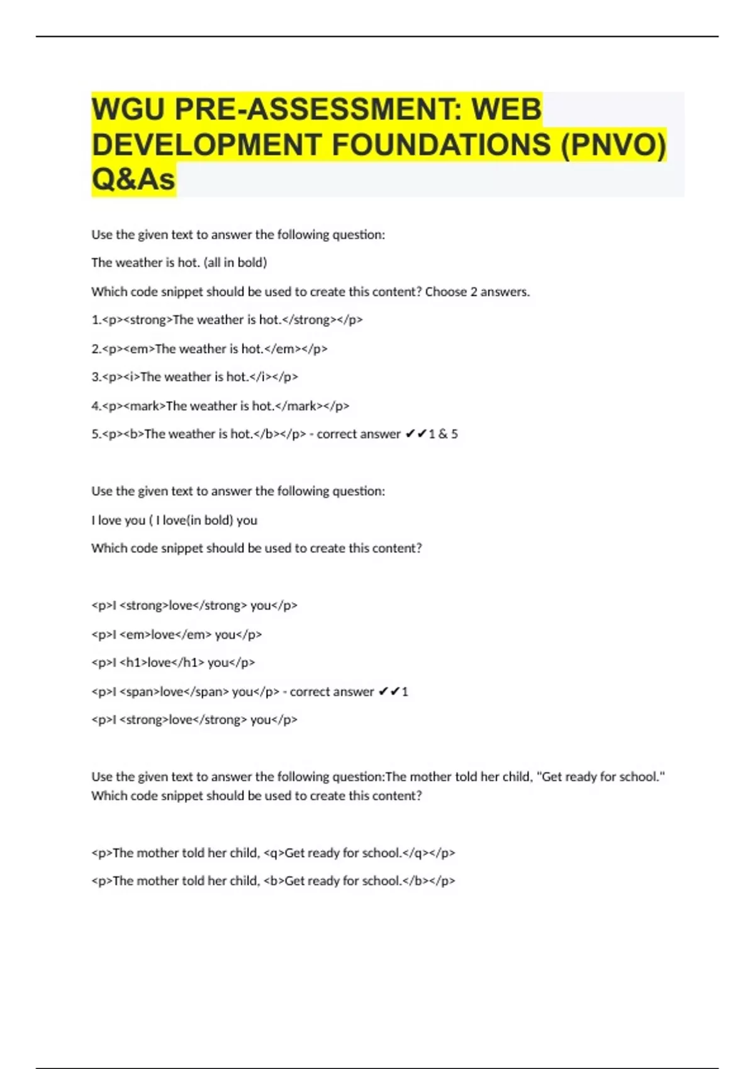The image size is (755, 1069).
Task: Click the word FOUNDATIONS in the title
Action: (x=440, y=145)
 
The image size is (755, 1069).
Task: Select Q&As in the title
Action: (x=133, y=180)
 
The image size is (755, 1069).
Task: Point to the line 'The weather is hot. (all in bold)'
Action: (x=179, y=263)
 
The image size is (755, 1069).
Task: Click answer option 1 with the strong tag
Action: (x=226, y=320)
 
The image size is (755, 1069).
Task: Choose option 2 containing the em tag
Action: (x=209, y=348)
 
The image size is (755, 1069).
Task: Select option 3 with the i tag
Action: (x=194, y=377)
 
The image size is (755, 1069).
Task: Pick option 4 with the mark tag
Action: (x=220, y=406)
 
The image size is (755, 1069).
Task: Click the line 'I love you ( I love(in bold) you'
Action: (x=174, y=520)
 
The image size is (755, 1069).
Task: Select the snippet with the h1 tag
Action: (x=173, y=663)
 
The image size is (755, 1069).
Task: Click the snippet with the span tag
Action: (x=185, y=692)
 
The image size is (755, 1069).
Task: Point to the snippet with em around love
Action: (x=176, y=634)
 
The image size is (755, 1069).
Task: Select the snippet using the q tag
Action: (x=273, y=853)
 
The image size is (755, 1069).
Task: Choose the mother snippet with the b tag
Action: (x=273, y=881)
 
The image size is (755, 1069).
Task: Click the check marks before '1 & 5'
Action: (x=416, y=435)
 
